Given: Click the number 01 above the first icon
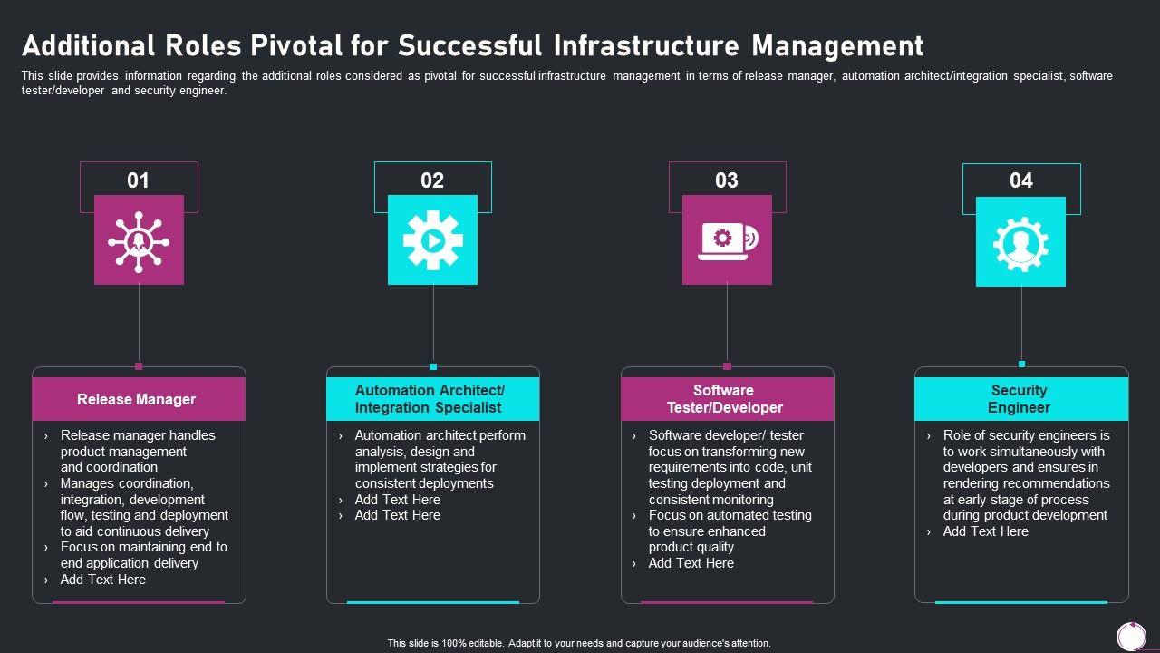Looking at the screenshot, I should [138, 180].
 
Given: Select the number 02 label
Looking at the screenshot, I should [432, 180].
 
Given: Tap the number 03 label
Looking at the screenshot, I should [727, 180].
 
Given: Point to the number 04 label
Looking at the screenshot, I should [1020, 180].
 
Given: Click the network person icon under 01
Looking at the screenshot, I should [139, 240].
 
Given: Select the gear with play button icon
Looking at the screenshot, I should [432, 240].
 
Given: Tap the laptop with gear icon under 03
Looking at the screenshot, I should [727, 240].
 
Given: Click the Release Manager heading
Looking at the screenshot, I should [136, 399].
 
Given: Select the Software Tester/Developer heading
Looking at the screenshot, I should [724, 399].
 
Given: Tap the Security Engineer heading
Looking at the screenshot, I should [1019, 399].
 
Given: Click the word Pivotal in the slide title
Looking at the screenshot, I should [292, 45].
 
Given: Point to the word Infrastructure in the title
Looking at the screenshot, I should [631, 45].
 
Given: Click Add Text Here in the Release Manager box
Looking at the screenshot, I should [102, 580].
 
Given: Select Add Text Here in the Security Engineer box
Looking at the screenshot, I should [985, 531].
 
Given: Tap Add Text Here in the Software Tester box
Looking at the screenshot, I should [691, 563].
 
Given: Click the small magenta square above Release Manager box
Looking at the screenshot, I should [139, 366].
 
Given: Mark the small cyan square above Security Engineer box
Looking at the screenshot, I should [1021, 365].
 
